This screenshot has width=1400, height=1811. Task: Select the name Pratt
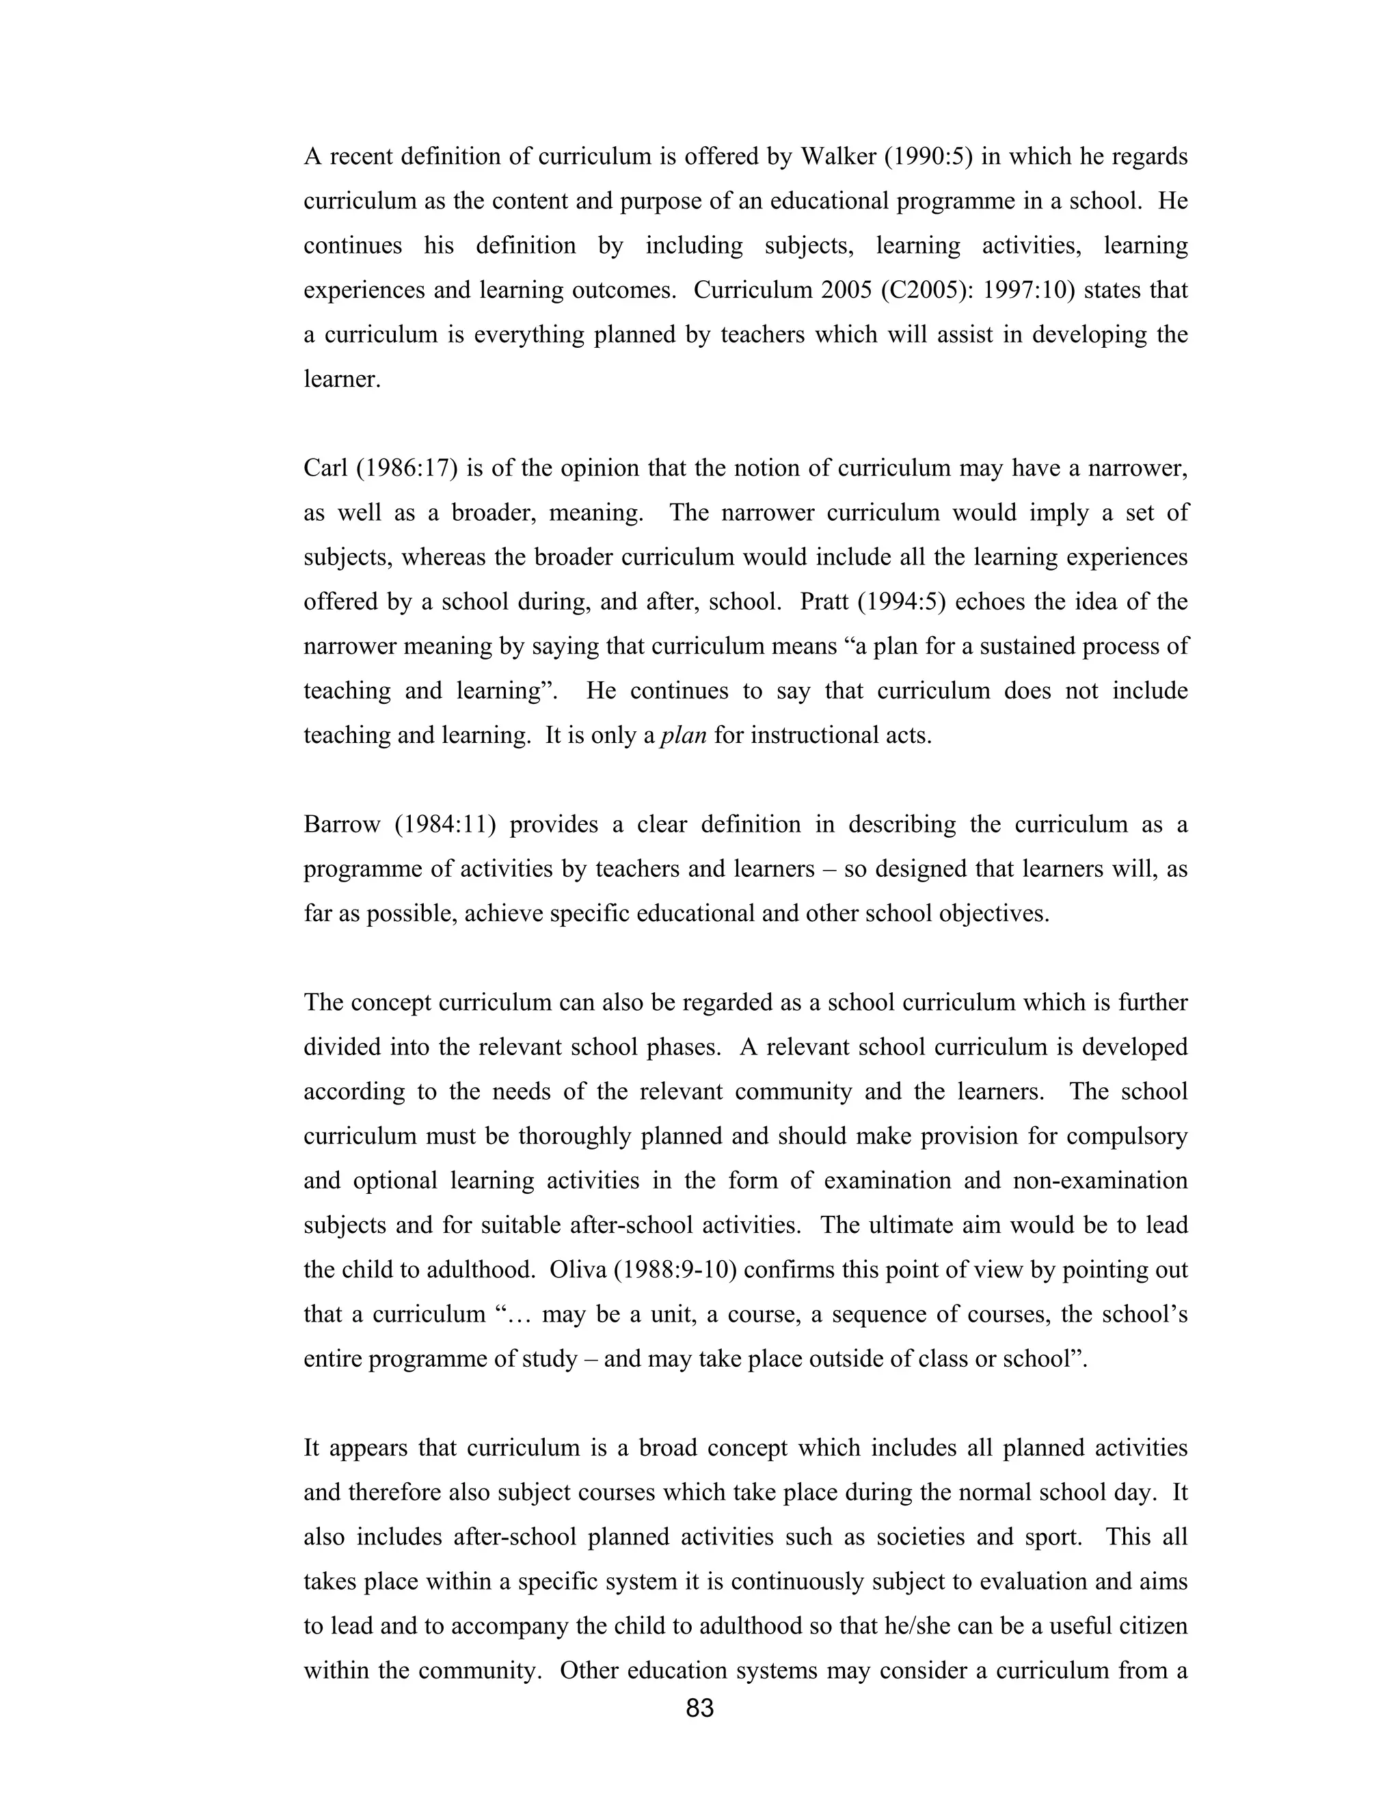pyautogui.click(x=824, y=601)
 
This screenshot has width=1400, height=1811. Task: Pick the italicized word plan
pyautogui.click(x=684, y=735)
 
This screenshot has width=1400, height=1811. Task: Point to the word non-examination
pyautogui.click(x=1100, y=1181)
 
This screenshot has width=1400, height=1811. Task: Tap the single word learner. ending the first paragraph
pyautogui.click(x=342, y=380)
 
